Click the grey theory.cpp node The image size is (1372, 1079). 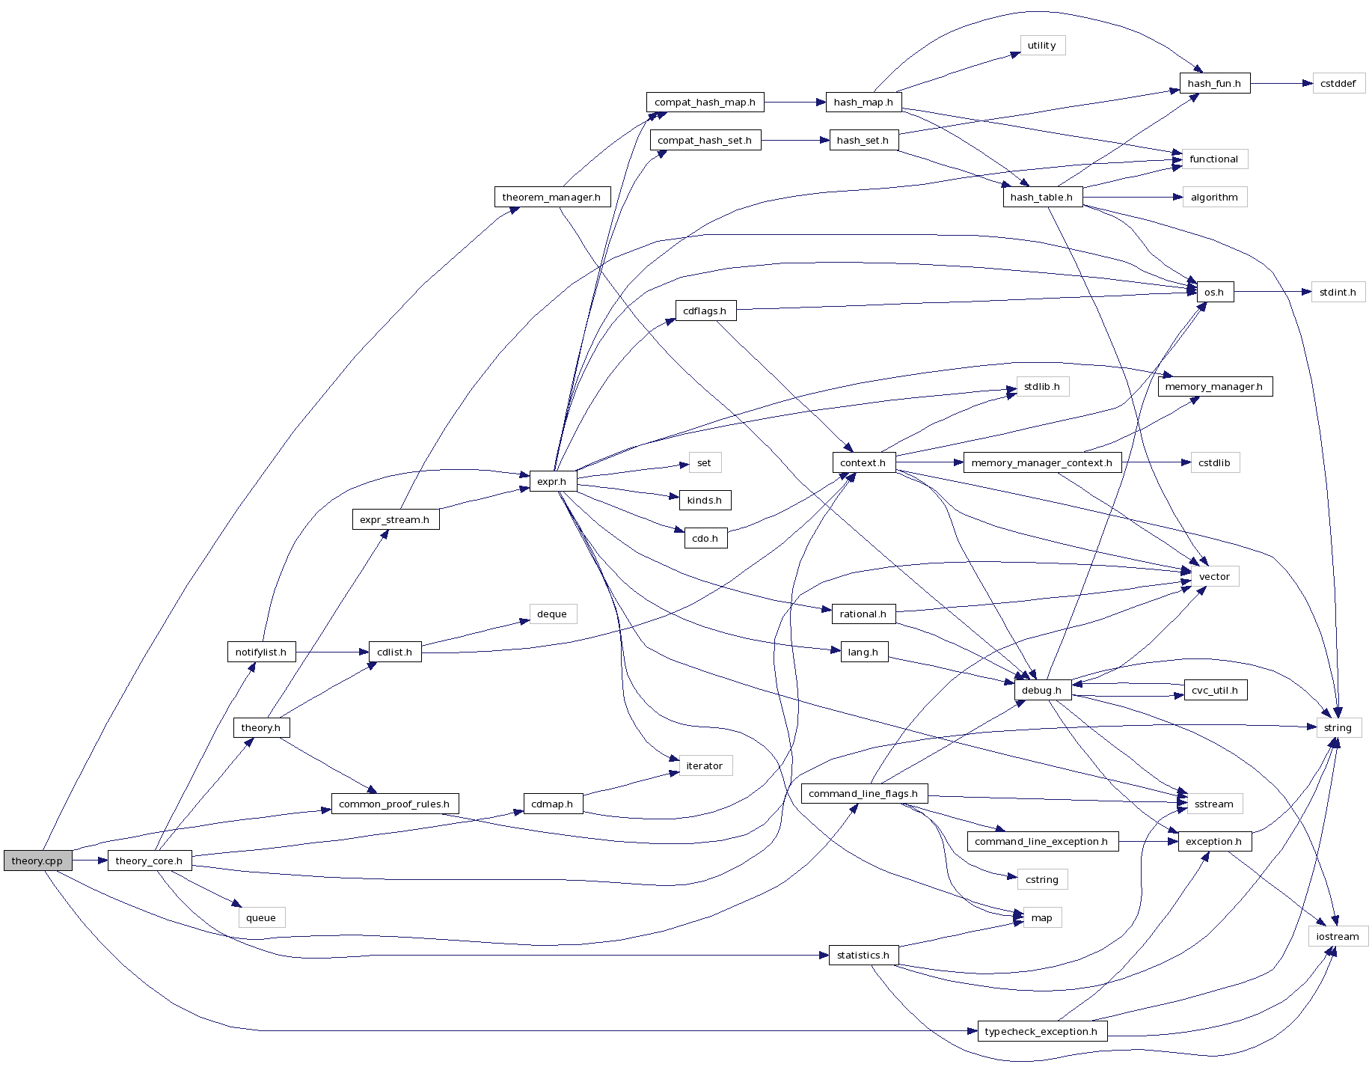[37, 861]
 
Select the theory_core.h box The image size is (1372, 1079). [149, 861]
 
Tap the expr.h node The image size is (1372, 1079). [552, 481]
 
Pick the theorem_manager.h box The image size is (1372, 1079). [551, 197]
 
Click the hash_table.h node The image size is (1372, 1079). [1041, 197]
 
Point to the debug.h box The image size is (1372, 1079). [1042, 690]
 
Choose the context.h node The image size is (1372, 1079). [863, 462]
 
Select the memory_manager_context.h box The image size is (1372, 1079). [1042, 462]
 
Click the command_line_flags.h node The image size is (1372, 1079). [863, 793]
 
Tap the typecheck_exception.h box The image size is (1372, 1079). [1041, 1031]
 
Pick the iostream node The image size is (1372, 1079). [1338, 936]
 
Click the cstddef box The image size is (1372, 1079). [1338, 83]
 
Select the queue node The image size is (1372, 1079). [261, 917]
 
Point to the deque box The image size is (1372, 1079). [552, 614]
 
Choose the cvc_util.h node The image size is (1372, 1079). [1215, 690]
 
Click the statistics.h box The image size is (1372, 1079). [863, 955]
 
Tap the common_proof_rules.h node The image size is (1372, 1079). [394, 804]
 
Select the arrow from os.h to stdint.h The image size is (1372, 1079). [1272, 292]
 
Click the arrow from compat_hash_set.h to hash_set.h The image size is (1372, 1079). [794, 140]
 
